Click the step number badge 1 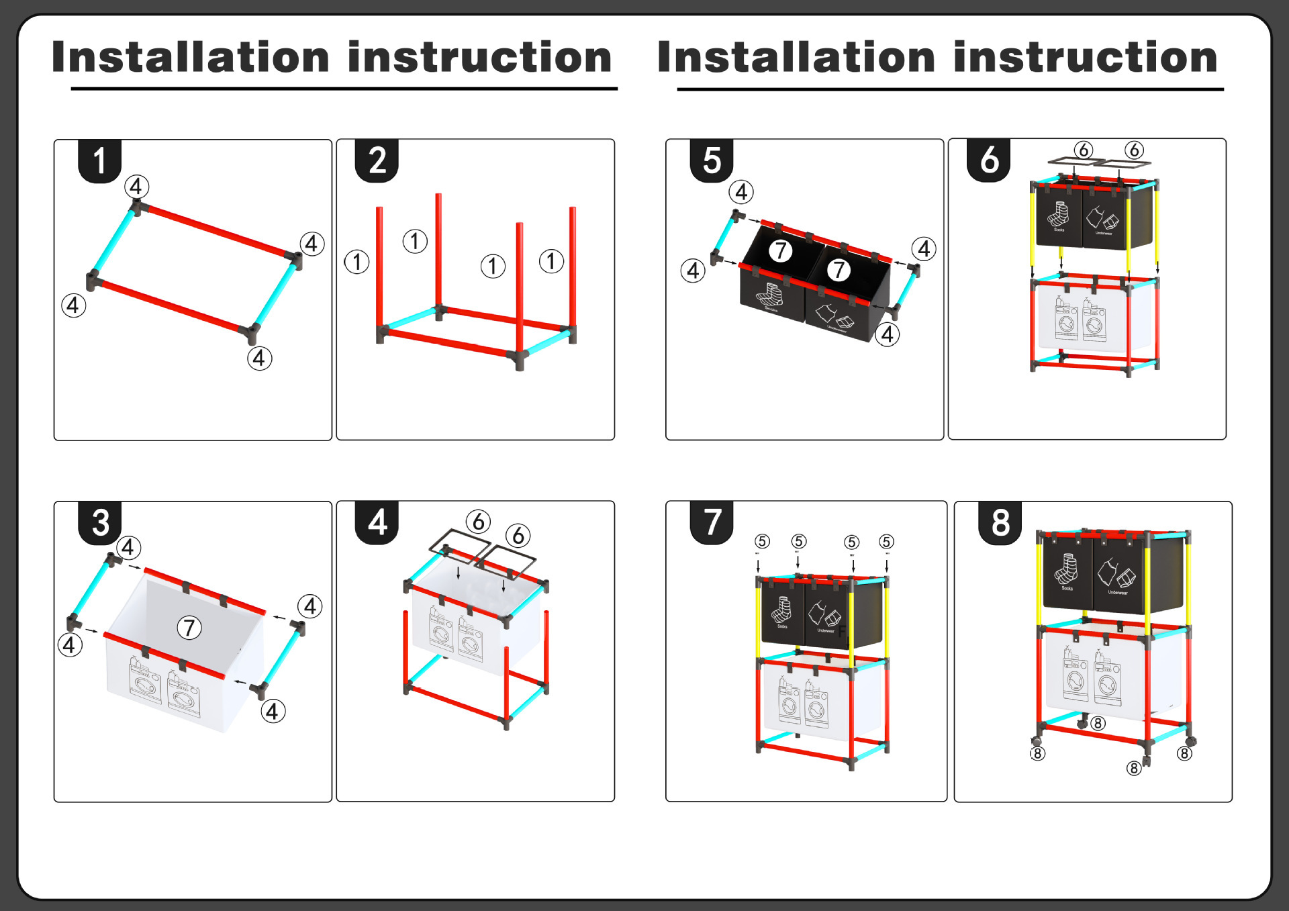coord(99,161)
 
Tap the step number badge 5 coord(712,161)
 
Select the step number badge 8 coord(1000,522)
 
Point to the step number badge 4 coord(377,522)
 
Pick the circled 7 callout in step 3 coord(189,628)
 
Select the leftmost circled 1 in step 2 coord(357,262)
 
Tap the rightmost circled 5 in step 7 coord(886,542)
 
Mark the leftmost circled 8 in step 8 coord(1037,753)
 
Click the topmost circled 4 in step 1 coord(136,187)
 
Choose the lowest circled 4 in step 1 coord(259,358)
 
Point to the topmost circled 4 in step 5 coord(741,193)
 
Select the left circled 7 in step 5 coord(780,251)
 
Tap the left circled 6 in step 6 coord(1083,150)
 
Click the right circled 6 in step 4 coord(518,536)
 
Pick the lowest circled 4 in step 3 coord(272,712)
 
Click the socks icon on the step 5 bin coord(769,295)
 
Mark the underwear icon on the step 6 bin coord(1103,219)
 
